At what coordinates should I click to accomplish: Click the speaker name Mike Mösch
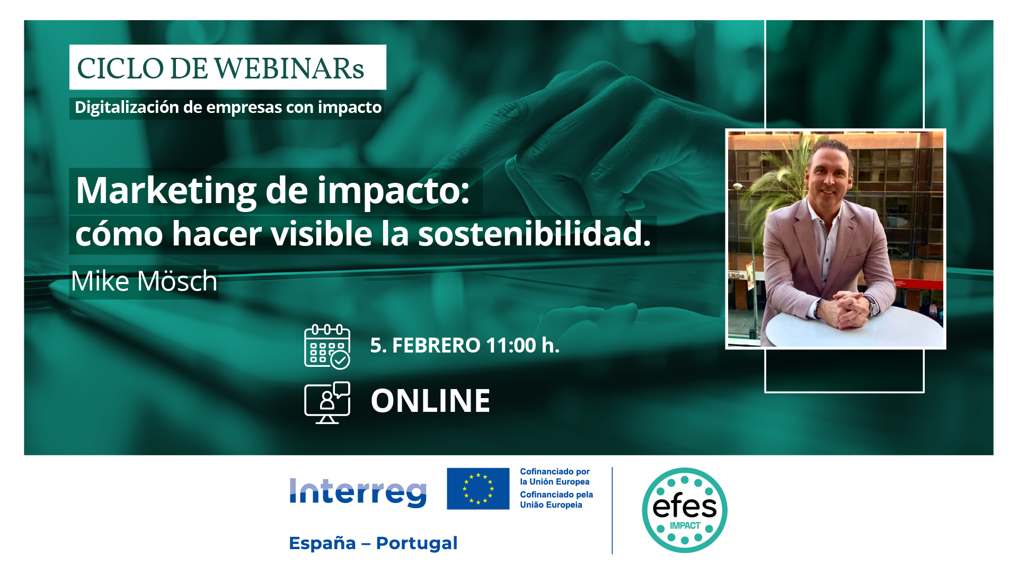coord(144,281)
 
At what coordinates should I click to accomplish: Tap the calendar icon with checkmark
coord(327,347)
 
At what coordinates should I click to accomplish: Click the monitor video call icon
coord(327,403)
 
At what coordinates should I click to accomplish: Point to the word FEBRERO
coord(436,346)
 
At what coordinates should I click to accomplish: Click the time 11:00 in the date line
coord(511,346)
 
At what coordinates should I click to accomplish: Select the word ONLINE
coord(430,401)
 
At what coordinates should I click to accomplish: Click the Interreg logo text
coord(358,492)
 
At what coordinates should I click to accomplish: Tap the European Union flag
coord(478,489)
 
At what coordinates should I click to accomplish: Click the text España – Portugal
coord(373,543)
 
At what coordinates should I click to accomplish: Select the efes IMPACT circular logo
coord(685,510)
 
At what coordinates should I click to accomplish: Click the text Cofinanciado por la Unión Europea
coord(555,477)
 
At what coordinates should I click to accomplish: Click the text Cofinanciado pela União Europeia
coord(556,500)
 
